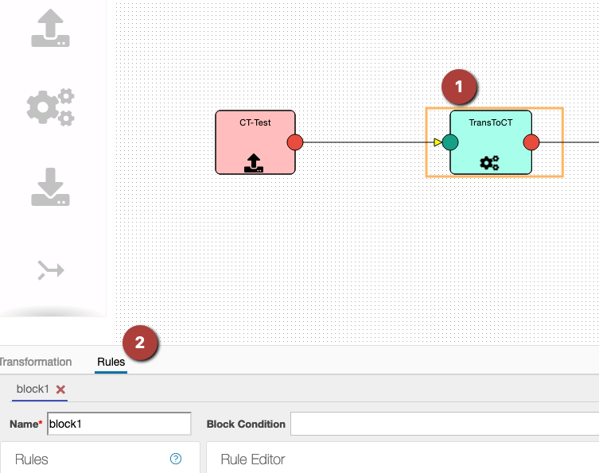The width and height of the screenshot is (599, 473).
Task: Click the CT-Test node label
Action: [x=255, y=122]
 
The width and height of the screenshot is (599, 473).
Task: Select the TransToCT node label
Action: [x=491, y=122]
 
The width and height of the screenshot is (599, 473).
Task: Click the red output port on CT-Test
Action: [x=295, y=142]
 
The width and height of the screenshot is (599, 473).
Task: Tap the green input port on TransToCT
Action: [x=450, y=142]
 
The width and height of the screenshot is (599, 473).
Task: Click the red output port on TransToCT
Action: [x=531, y=142]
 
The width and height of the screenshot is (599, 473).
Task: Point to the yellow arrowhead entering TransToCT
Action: [x=438, y=142]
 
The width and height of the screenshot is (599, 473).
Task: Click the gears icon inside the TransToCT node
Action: [x=490, y=163]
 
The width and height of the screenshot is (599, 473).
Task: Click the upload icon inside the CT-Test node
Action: [x=255, y=164]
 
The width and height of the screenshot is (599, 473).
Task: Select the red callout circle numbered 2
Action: [x=140, y=343]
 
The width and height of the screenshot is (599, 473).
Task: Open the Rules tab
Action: [x=111, y=363]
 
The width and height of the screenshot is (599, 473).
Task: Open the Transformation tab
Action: [x=35, y=363]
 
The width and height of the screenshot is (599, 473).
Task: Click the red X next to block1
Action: [x=60, y=390]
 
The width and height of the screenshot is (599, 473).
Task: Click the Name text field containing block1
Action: [x=119, y=424]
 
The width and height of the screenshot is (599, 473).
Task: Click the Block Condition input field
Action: [x=444, y=424]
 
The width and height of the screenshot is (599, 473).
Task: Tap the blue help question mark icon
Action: [x=176, y=459]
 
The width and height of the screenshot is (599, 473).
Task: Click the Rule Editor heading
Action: [x=252, y=459]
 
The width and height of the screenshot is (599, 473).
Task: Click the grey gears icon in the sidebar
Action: [x=51, y=107]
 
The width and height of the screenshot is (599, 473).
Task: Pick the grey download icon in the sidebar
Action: [x=51, y=186]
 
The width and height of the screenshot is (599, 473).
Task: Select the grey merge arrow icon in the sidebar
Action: [x=51, y=270]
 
